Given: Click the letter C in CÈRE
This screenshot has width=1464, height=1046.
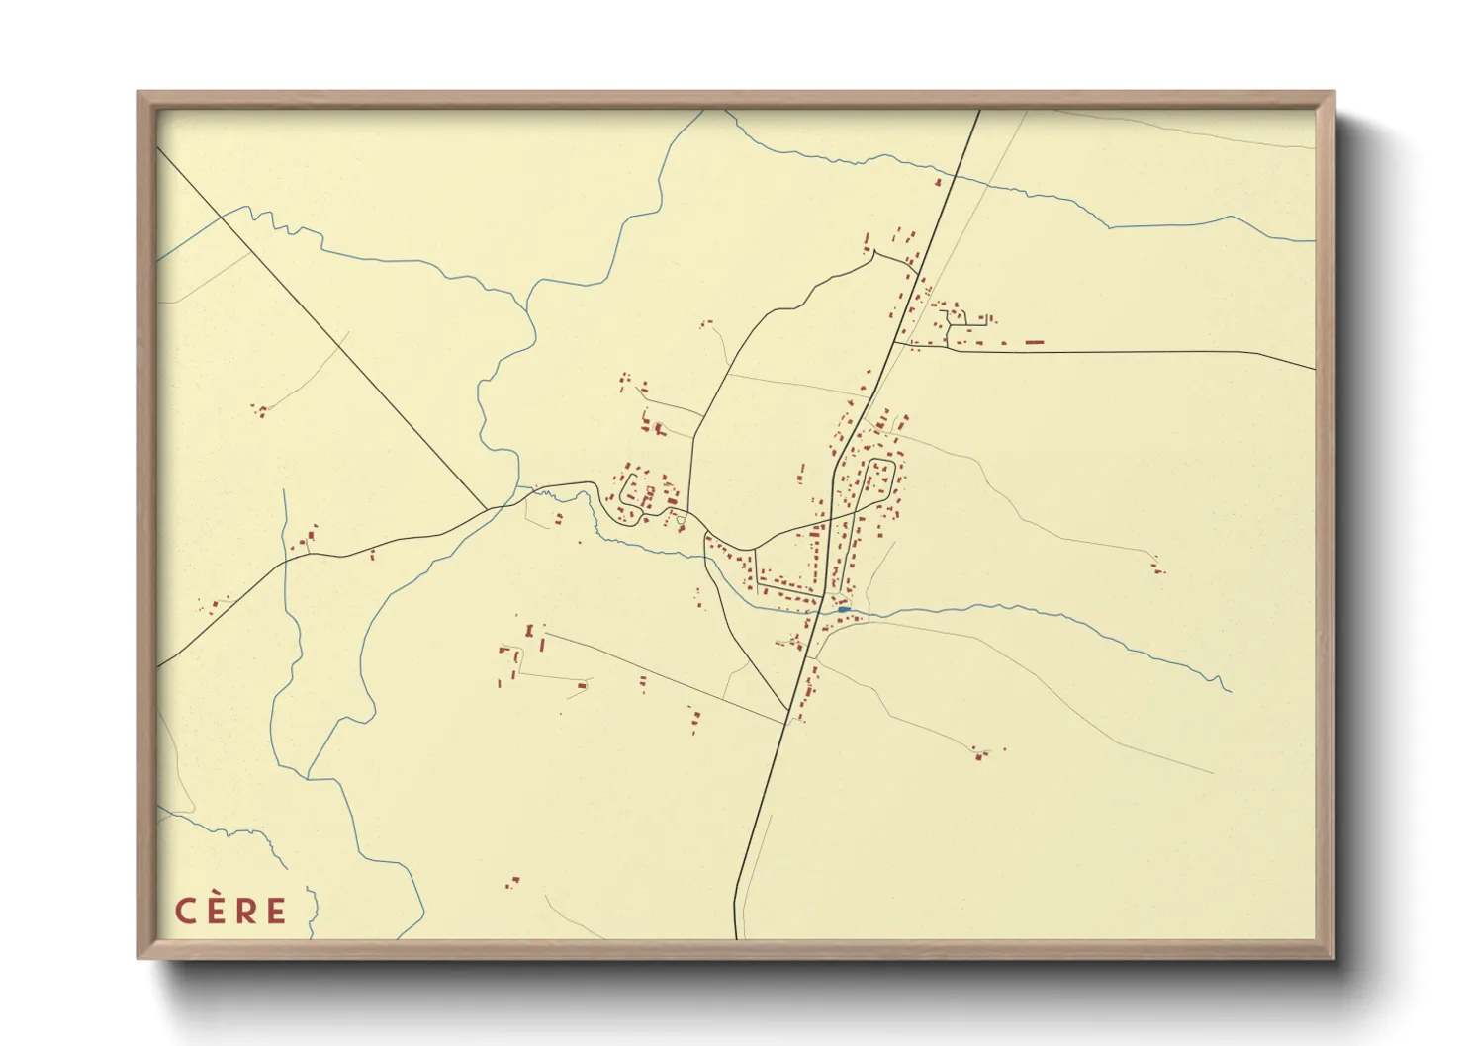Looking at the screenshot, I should [x=185, y=911].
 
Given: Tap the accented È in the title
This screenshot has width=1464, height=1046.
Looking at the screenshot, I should [x=215, y=910].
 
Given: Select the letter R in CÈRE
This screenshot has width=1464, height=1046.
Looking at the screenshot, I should [x=245, y=911].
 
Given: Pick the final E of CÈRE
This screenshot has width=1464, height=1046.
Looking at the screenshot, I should [x=276, y=911].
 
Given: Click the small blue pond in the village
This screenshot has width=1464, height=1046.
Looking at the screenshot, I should [x=842, y=610].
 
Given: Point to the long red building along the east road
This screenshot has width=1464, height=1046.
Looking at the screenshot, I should [x=1034, y=342].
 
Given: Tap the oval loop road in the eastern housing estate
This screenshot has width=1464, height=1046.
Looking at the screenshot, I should [x=879, y=477].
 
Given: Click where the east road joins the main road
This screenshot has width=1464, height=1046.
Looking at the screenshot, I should [x=895, y=343].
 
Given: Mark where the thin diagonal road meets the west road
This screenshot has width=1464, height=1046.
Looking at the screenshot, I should [x=487, y=510].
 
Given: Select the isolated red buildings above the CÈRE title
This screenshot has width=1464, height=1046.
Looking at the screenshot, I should [x=512, y=881].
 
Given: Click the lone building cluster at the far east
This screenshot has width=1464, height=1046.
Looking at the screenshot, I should [x=1156, y=567].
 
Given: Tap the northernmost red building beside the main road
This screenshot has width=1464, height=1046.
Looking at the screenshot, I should [x=938, y=182].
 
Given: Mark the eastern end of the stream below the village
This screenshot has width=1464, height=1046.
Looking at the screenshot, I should [x=1228, y=689].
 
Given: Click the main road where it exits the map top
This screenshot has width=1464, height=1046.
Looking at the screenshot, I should [x=978, y=111].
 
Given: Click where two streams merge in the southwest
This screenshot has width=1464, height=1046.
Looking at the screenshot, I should [x=309, y=773].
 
